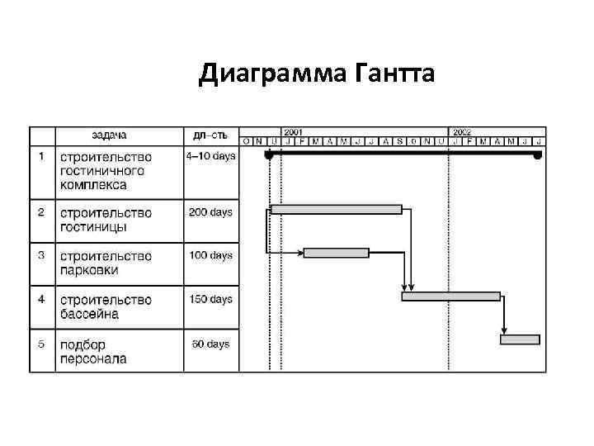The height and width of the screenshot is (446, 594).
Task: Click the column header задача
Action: point(109,135)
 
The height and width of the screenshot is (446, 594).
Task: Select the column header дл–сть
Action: point(211,135)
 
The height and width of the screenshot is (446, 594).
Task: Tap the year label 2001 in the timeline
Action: point(294,131)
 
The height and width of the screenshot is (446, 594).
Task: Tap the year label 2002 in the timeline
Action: point(462,131)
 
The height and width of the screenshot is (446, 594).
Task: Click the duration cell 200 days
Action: point(210,212)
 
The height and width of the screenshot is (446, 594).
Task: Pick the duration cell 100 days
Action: point(210,256)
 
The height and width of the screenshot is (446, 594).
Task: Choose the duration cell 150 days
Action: point(210,300)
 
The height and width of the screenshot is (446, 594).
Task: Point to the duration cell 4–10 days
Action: point(210,155)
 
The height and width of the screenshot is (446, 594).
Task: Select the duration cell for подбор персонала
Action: point(210,344)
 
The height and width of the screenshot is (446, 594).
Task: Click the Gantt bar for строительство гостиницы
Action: point(336,209)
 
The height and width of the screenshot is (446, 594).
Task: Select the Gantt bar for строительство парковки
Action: point(337,253)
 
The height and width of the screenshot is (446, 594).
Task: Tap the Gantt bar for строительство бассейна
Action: point(450,296)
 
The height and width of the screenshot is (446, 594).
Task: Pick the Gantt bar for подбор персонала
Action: point(520,339)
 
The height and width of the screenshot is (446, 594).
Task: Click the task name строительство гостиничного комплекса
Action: point(102,170)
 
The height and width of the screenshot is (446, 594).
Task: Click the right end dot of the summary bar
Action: point(538,154)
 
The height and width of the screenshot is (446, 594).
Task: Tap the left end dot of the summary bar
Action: point(268,154)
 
